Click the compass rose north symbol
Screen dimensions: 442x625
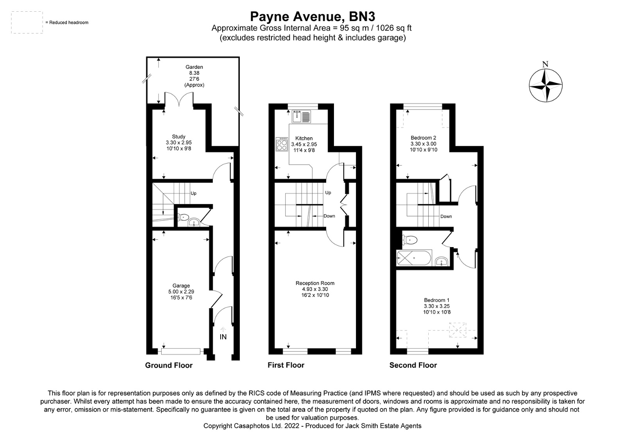545,85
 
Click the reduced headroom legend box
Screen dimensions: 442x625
27,23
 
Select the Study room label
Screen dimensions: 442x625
178,136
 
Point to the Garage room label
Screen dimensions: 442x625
181,286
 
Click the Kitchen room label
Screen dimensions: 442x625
304,138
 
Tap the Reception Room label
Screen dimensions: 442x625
315,283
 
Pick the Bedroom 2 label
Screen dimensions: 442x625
423,138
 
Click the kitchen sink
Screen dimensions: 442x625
301,117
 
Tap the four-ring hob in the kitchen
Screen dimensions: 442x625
282,144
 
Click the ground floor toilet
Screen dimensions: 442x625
184,217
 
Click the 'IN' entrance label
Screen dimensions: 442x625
223,337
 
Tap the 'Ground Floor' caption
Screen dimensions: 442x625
169,365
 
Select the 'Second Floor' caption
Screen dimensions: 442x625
413,365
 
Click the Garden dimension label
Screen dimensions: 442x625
194,76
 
